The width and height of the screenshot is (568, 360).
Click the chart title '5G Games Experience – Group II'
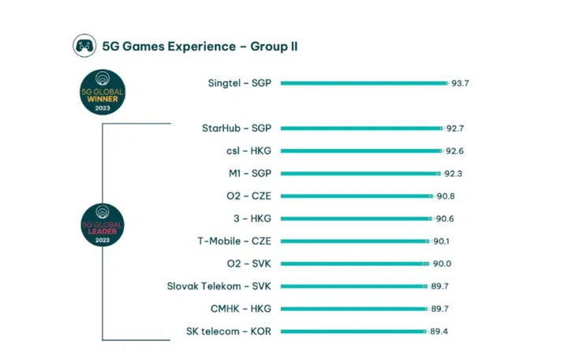coord(200,46)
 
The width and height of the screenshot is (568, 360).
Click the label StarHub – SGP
coord(236,128)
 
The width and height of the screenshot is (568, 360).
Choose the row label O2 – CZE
coord(248,196)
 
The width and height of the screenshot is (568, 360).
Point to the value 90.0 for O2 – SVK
coord(444,264)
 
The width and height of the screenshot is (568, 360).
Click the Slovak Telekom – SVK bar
coord(354,287)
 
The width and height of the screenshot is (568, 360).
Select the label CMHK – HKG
coord(241,309)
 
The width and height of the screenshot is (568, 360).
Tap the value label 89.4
coord(442,332)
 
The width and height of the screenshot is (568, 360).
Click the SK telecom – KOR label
coord(230,332)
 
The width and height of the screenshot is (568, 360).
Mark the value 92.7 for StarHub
coord(454,128)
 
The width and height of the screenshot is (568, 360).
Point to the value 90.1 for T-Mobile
coord(444,241)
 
